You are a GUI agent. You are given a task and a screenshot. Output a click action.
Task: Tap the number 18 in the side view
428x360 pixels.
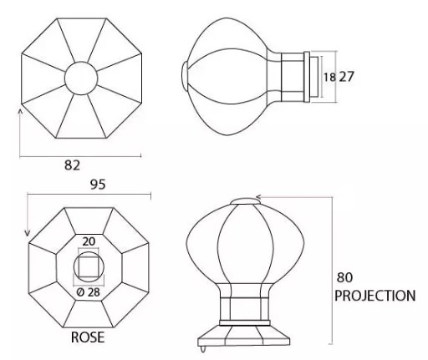coord(331,77)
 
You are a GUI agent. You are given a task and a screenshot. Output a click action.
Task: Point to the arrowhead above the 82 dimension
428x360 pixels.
coord(20,109)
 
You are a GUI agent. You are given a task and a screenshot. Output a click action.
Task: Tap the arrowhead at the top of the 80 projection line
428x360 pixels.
coord(260,198)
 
